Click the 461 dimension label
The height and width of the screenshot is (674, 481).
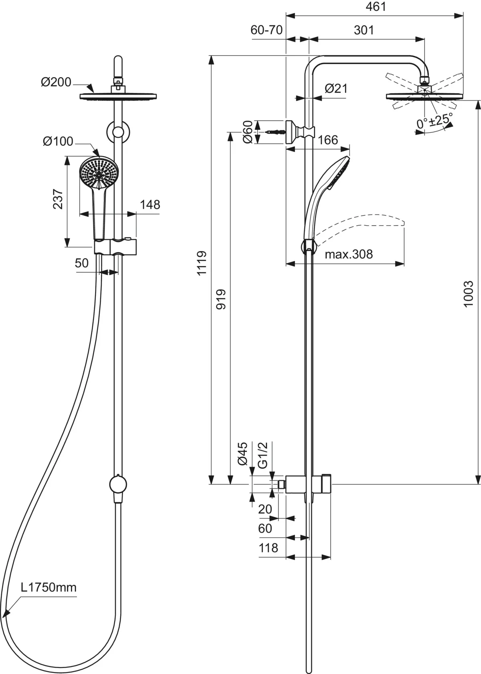[376, 7]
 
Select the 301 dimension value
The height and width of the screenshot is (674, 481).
[364, 30]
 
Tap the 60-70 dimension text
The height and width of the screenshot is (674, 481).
[267, 30]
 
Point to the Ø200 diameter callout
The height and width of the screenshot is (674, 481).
[56, 82]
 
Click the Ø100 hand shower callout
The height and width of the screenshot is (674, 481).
[58, 141]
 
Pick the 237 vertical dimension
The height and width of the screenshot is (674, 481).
[58, 199]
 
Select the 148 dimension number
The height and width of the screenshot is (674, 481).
[150, 205]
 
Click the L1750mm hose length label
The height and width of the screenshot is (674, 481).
[49, 587]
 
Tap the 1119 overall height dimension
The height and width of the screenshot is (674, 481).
[201, 262]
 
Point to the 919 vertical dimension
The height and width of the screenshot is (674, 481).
[221, 299]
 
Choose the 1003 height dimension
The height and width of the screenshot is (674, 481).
[468, 294]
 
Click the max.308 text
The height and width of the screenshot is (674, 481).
[348, 254]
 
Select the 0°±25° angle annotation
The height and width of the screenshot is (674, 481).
[434, 120]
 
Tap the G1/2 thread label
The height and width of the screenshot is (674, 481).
[263, 455]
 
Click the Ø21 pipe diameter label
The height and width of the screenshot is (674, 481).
[336, 89]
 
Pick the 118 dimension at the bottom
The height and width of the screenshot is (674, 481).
[268, 547]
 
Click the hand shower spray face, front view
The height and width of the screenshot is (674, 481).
[99, 173]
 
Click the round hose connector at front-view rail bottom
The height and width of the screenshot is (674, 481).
[118, 484]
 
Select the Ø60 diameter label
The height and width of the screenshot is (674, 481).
[248, 132]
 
